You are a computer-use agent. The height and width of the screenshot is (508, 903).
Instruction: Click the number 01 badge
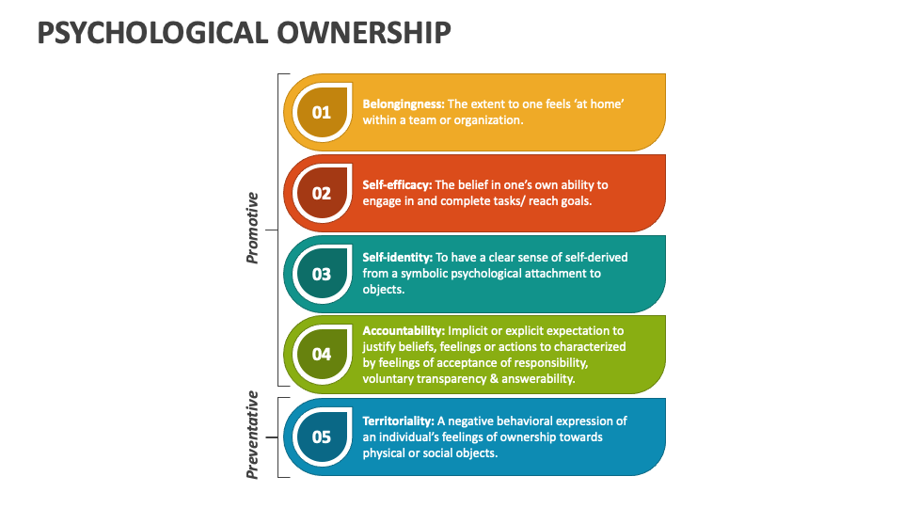322,113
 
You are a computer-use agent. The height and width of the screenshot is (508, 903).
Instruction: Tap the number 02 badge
322,194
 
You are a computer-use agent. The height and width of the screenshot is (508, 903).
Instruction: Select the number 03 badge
322,275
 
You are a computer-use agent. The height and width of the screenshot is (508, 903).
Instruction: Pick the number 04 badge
322,355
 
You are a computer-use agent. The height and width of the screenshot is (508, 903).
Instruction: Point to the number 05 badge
322,437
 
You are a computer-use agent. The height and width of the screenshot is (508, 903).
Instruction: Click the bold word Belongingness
404,104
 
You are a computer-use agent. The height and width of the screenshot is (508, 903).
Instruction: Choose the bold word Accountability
404,331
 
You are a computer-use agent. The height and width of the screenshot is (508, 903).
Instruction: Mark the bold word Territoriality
399,421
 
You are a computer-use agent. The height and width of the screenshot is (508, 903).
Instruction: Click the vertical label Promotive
252,228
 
